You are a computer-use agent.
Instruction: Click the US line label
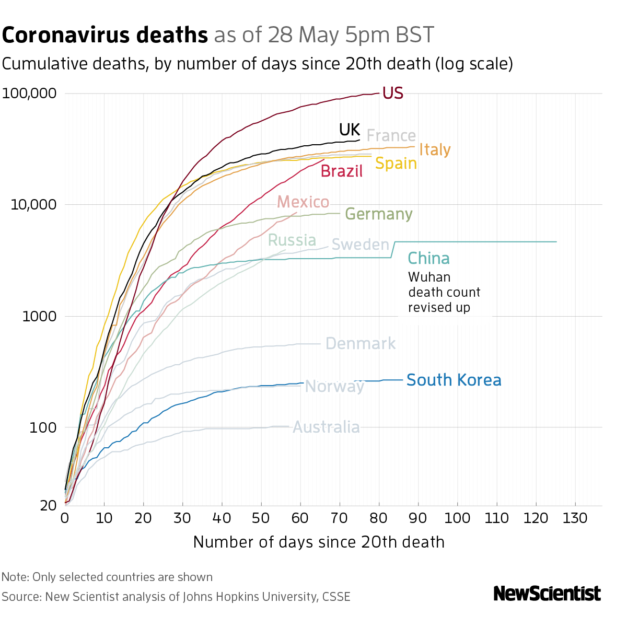point(392,93)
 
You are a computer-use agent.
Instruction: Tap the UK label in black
point(349,130)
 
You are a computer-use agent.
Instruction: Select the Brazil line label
point(341,171)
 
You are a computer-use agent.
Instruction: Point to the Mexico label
point(303,202)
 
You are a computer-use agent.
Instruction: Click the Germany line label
point(379,214)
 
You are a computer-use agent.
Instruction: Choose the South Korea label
point(454,380)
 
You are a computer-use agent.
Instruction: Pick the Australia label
point(326,427)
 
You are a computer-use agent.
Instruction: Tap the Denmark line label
point(361,344)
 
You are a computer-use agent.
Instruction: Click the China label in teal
point(428,258)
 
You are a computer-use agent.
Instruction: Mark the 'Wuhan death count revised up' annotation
point(444,292)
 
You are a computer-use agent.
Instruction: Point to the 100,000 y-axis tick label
point(29,94)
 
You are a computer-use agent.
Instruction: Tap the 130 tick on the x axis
point(575,518)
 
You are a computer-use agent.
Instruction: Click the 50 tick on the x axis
point(261,518)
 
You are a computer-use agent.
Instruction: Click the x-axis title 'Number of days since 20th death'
point(319,542)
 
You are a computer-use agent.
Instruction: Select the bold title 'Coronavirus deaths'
point(105,35)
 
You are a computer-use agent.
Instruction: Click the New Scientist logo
point(547,594)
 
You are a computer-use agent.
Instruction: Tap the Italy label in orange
point(435,150)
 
